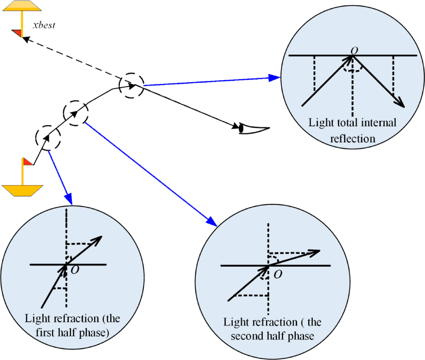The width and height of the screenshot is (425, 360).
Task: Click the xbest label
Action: tap(44, 25)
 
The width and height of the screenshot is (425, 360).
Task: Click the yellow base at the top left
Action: tap(22, 6)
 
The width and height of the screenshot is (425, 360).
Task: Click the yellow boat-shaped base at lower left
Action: tap(22, 190)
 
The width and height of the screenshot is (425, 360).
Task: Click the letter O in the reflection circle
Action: tap(354, 51)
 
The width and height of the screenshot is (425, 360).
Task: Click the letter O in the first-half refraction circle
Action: tap(75, 270)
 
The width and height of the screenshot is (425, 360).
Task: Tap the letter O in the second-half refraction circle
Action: tap(278, 274)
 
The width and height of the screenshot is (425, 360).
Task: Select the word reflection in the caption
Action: tap(353, 139)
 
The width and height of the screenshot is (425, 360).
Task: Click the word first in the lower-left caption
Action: tap(45, 332)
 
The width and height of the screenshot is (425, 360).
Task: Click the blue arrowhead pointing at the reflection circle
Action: tap(274, 78)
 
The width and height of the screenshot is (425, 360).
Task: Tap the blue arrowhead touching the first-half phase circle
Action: tap(69, 199)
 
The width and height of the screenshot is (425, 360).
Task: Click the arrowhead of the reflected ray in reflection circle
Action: tap(401, 104)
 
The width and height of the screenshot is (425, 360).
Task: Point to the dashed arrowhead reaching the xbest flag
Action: tap(25, 39)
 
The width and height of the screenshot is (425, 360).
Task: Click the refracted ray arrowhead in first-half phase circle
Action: tap(98, 239)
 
